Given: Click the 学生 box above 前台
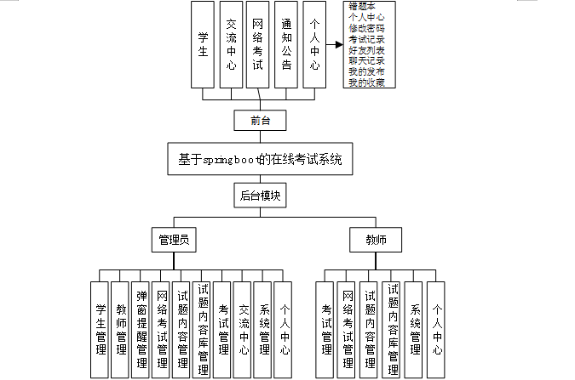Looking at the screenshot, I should (x=203, y=45).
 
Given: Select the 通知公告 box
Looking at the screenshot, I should (x=286, y=45).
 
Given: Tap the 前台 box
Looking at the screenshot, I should (x=261, y=120).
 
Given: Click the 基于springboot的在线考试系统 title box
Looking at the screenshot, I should (x=260, y=159).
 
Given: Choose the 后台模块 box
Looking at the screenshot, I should (x=261, y=196).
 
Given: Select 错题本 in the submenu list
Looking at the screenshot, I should (x=363, y=7).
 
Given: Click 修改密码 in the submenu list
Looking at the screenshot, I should (x=366, y=28).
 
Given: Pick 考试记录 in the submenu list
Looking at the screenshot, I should (x=366, y=39).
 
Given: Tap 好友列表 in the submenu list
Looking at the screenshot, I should (x=366, y=50).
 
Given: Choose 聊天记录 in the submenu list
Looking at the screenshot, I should (x=366, y=61).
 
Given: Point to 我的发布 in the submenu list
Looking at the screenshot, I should (x=366, y=72).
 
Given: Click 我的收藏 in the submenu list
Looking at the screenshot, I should (x=366, y=82).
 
